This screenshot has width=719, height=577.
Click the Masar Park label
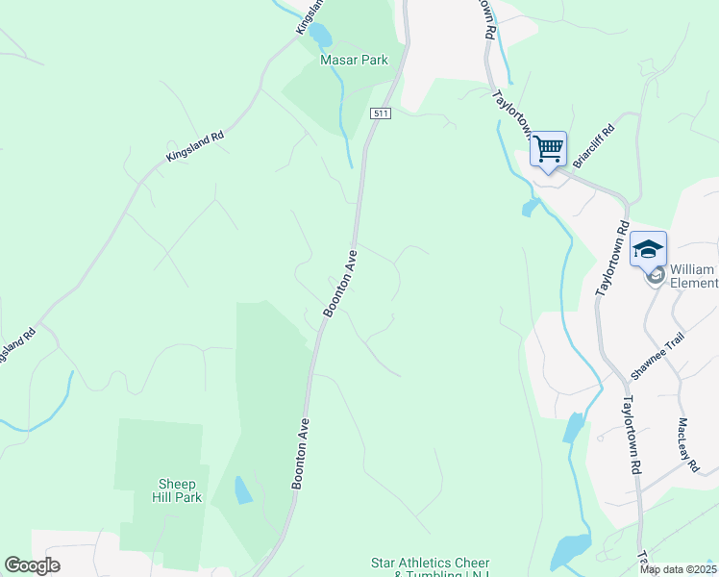pyautogui.click(x=354, y=60)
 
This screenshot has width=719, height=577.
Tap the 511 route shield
pyautogui.click(x=382, y=113)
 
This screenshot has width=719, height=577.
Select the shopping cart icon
pyautogui.click(x=548, y=150)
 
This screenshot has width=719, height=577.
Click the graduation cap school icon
pyautogui.click(x=648, y=249)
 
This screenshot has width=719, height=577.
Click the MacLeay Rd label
pyautogui.click(x=688, y=443)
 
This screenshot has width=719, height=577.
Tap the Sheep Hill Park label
pyautogui.click(x=177, y=490)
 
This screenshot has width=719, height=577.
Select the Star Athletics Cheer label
pyautogui.click(x=430, y=563)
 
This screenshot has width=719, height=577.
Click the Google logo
pyautogui.click(x=32, y=565)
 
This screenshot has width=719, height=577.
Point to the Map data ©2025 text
pyautogui.click(x=677, y=569)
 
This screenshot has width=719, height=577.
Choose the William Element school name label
pyautogui.click(x=692, y=276)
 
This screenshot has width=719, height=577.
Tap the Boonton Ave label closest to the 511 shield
pyautogui.click(x=340, y=283)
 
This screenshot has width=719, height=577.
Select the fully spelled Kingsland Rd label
pyautogui.click(x=194, y=145)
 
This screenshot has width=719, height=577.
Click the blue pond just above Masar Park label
pyautogui.click(x=320, y=36)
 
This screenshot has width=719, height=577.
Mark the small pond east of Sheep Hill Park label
pyautogui.click(x=243, y=490)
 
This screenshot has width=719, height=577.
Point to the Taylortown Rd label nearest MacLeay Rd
pyautogui.click(x=631, y=436)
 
